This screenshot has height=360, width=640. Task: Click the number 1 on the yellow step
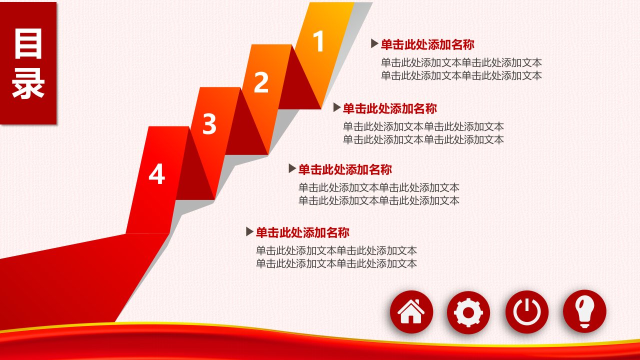click(x=318, y=41)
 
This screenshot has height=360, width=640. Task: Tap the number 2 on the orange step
click(x=261, y=82)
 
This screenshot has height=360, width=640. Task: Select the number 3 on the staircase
click(x=209, y=123)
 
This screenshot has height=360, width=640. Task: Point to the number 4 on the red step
click(x=157, y=173)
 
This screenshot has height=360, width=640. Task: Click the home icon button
click(x=411, y=311)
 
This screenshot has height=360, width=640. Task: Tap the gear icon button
click(x=468, y=312)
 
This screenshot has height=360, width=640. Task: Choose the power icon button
click(x=527, y=311)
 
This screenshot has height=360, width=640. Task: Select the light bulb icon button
click(x=584, y=311)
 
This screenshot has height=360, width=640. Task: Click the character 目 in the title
click(x=28, y=43)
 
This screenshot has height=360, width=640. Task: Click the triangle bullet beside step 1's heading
click(x=374, y=43)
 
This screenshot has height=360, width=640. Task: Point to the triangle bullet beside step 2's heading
click(x=337, y=107)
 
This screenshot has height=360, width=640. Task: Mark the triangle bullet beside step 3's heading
click(x=292, y=168)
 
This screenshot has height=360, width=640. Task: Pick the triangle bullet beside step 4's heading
click(x=249, y=231)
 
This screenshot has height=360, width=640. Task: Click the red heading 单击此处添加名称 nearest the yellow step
click(x=427, y=44)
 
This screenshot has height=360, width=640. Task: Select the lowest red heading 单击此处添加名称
click(x=302, y=232)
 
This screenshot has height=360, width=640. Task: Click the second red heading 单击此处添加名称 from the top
click(x=389, y=108)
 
